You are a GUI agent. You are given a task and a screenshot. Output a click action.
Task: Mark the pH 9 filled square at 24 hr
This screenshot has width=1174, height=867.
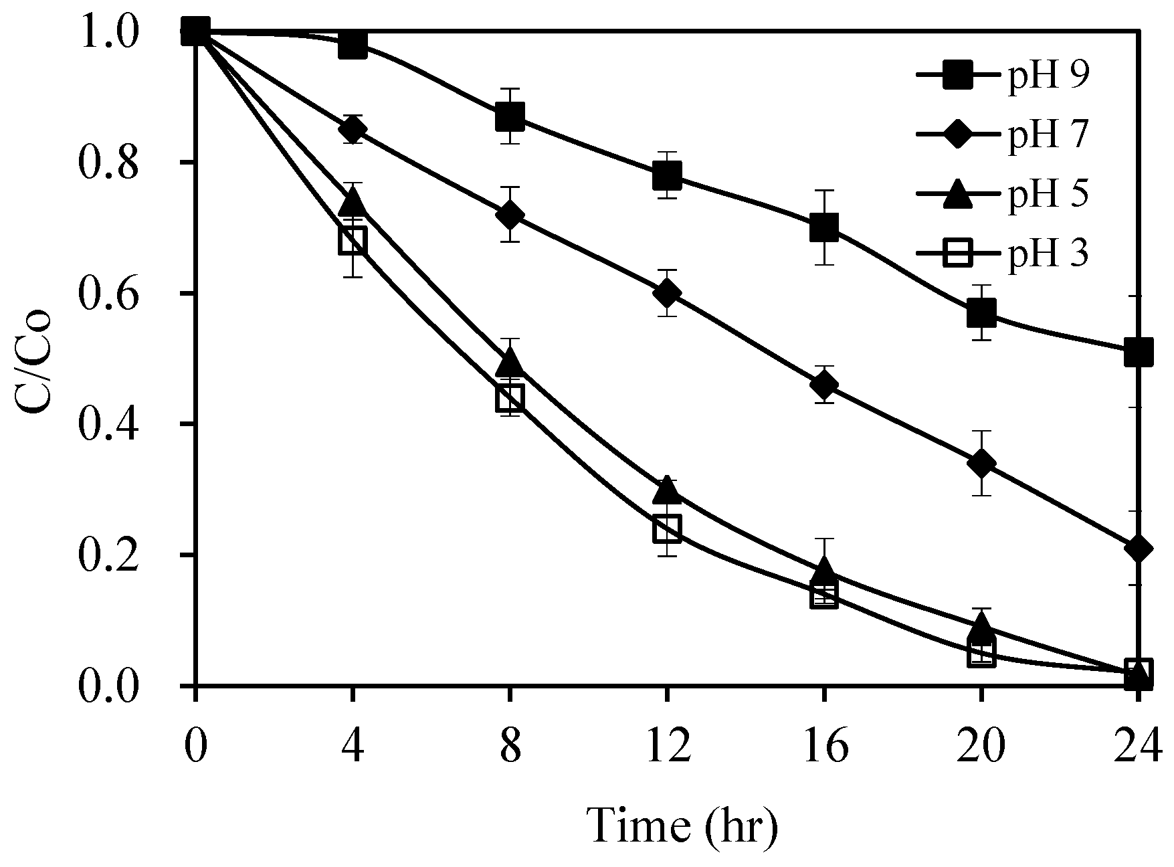pyautogui.click(x=1138, y=351)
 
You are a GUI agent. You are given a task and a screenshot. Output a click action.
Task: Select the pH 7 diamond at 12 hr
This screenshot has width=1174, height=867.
pyautogui.click(x=667, y=293)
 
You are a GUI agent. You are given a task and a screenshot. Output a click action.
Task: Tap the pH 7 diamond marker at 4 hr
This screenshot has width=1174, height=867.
pyautogui.click(x=353, y=128)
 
